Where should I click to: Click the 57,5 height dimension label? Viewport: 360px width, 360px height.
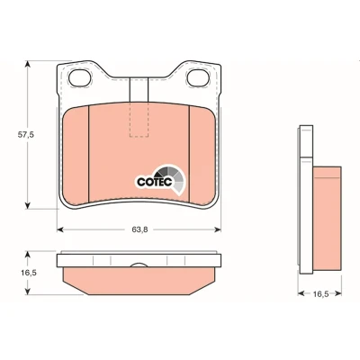[x=26, y=135]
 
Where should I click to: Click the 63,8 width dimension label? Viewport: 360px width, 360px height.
[x=139, y=229]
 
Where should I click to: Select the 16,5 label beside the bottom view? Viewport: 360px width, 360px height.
[x=29, y=273]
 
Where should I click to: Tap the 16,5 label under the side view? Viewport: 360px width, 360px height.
[x=321, y=293]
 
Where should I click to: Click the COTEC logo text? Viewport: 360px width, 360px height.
[x=155, y=182]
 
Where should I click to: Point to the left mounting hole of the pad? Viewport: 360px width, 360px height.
[x=79, y=78]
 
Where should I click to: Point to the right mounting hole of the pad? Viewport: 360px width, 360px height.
[x=198, y=77]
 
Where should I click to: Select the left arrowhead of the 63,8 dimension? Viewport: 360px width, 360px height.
[x=60, y=229]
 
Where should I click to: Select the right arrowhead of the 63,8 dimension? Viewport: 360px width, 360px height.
[x=218, y=229]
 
